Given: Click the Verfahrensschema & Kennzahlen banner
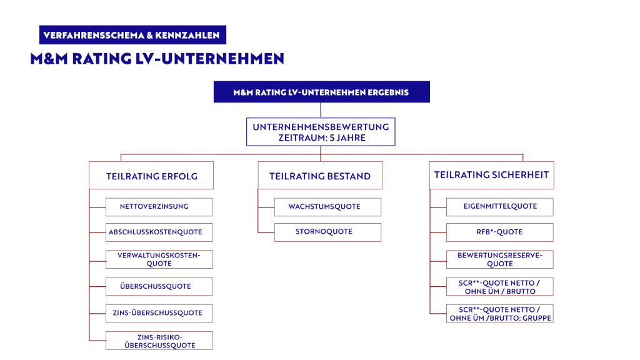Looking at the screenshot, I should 132,35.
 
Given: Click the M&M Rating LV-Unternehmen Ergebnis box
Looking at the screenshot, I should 321,92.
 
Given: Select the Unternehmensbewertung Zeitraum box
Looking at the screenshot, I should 321,132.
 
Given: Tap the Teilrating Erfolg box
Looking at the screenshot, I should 151,176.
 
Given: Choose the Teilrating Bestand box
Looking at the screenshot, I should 320,176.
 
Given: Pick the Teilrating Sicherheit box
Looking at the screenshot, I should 491,175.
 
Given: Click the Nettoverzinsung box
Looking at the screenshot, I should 159,206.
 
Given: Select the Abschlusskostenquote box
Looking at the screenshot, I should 159,232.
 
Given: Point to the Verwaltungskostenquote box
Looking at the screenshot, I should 159,259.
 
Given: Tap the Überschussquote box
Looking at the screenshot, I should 159,286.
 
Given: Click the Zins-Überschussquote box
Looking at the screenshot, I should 159,313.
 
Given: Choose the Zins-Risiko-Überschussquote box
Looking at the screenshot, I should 159,341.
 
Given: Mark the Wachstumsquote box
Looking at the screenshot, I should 327,206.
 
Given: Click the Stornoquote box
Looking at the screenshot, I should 327,232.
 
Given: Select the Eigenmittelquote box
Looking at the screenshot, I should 499,206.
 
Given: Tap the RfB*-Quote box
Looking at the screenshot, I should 499,232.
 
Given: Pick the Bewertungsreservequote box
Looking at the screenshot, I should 499,259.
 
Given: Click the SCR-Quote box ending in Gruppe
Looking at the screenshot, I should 499,314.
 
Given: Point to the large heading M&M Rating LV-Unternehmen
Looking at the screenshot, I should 157,59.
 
